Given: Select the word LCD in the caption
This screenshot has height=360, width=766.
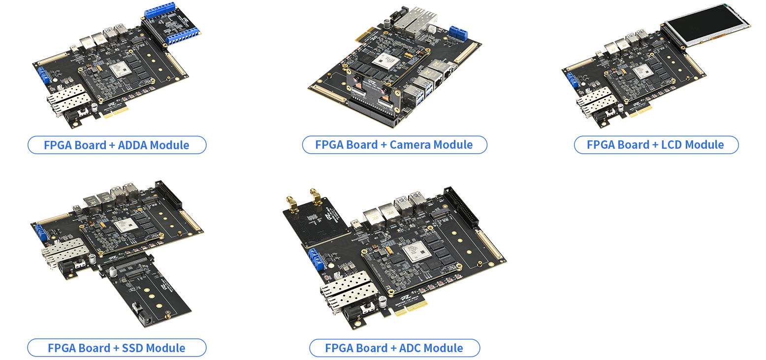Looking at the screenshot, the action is coord(671,145).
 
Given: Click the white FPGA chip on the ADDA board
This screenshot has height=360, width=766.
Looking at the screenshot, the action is coord(121,70).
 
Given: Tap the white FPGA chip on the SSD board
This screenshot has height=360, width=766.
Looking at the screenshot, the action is coord(126,225).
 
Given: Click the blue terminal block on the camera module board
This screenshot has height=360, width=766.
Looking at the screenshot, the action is coord(459,32).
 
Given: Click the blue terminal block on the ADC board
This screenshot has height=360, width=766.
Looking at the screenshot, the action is coord(317,259).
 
